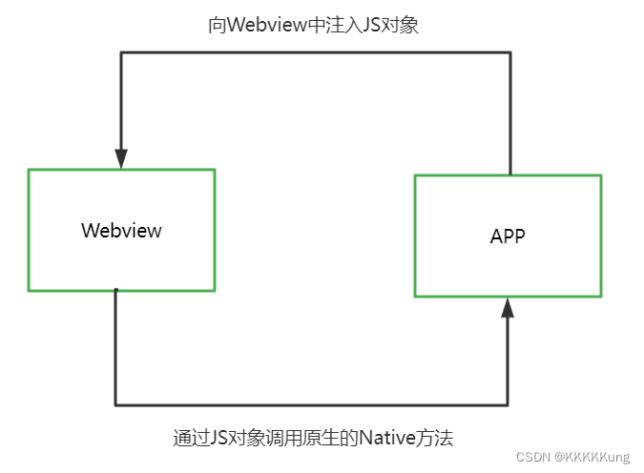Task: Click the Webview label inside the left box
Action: [121, 231]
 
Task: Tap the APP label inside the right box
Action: [508, 236]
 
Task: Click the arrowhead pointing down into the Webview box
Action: [121, 157]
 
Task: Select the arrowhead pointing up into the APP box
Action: [508, 308]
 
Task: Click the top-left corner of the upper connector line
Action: [121, 52]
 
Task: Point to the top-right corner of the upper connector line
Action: [510, 52]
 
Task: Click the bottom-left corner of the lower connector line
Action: [115, 404]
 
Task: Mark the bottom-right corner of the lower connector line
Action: [508, 404]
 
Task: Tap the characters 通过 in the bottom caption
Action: [191, 439]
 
